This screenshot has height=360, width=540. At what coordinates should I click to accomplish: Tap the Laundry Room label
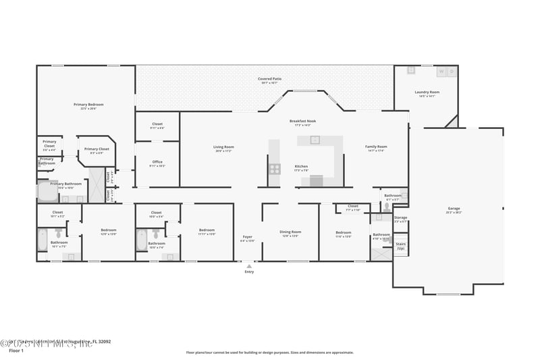(427, 93)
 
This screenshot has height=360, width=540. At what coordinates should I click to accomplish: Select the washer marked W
(441, 71)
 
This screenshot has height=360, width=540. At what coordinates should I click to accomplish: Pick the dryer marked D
(452, 71)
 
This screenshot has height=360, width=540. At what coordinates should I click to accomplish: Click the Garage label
(454, 209)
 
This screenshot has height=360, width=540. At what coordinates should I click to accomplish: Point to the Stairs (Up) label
(400, 246)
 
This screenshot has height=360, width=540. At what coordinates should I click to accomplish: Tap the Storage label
(400, 218)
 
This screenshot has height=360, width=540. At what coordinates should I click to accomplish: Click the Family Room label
(376, 147)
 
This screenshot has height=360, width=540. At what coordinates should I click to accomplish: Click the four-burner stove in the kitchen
(275, 168)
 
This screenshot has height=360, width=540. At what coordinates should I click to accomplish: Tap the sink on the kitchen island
(315, 140)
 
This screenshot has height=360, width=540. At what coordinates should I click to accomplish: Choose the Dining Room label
(290, 232)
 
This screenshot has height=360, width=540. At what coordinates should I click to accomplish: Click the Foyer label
(248, 237)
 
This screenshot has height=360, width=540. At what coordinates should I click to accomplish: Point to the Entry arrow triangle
(249, 266)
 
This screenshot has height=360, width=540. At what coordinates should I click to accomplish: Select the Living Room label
(223, 147)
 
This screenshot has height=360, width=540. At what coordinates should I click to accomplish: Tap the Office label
(157, 162)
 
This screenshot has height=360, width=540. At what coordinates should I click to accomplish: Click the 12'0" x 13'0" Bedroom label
(108, 231)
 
